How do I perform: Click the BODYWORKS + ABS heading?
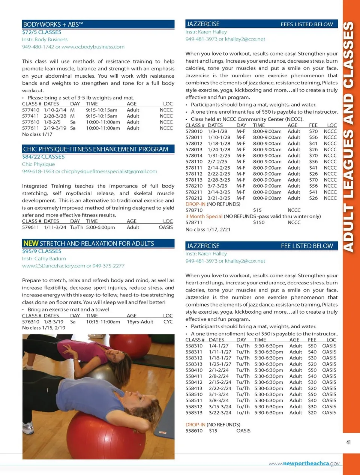53,24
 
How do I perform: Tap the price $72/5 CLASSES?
42,32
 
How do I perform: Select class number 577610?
30,122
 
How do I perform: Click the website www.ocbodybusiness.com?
93,47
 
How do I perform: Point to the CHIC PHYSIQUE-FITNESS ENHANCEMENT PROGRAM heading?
96,149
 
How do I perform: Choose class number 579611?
30,227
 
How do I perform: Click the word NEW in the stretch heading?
31,244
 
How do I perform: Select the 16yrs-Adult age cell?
140,322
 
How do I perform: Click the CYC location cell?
168,322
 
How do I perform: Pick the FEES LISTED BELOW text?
306,24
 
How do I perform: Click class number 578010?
194,131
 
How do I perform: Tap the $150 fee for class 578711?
259,222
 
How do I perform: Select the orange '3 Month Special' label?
204,216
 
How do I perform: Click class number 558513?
194,413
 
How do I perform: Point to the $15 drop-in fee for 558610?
213,431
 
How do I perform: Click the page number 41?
349,442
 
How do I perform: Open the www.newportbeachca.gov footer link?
304,463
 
